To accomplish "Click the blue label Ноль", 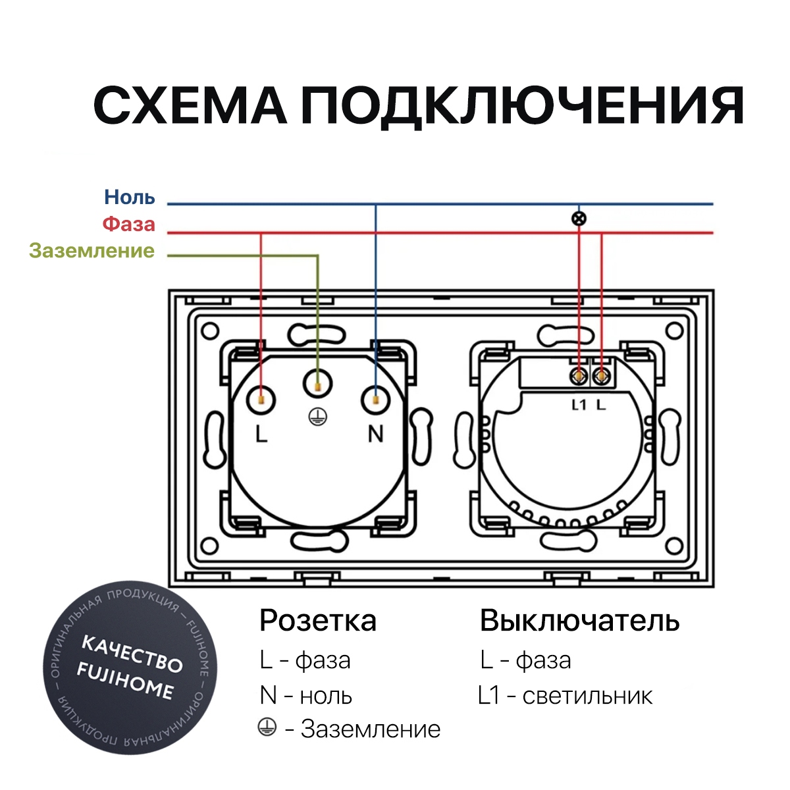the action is click(130, 197).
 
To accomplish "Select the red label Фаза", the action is click(129, 224).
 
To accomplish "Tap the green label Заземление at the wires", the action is click(92, 250).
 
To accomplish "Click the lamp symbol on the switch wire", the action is click(579, 219).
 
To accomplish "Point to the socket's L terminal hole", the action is click(261, 400).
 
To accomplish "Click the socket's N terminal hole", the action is click(375, 400).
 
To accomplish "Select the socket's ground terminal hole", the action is click(318, 384).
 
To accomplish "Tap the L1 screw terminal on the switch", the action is click(579, 376).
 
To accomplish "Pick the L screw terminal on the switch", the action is click(602, 376).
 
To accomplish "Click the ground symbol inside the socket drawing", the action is click(318, 417).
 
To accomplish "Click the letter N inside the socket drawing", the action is click(375, 434).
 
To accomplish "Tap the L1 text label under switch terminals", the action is click(579, 406).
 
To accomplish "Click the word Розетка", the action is click(318, 621).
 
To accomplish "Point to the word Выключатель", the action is click(580, 621).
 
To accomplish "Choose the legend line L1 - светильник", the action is click(566, 696).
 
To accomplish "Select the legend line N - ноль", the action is click(306, 696).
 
